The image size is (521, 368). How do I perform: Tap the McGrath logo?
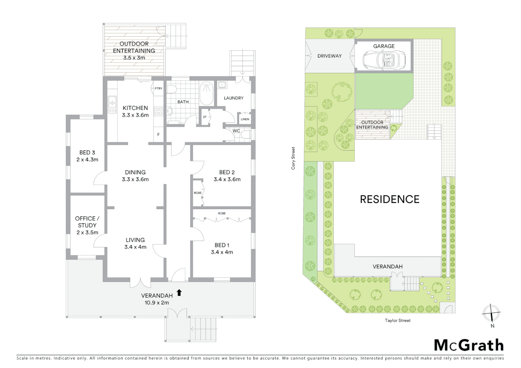point(469,345)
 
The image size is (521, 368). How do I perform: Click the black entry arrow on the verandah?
point(179,293)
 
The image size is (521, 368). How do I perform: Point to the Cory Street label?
point(293,158)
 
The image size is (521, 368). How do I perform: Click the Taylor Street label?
point(398,320)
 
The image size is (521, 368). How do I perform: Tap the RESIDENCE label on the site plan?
point(389,199)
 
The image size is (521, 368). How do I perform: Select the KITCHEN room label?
point(135,108)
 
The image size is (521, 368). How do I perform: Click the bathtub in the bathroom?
point(206,94)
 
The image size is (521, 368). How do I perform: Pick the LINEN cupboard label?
point(245,119)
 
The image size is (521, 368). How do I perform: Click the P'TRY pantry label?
point(159,89)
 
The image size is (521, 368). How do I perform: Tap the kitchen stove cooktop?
point(159,111)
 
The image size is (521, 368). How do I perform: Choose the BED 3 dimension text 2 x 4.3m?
point(87,159)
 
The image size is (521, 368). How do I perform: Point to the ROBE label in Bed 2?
point(197,193)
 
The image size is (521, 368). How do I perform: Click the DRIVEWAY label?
point(329,56)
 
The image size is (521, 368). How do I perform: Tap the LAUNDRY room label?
point(234,98)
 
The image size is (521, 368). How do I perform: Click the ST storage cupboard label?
point(205,117)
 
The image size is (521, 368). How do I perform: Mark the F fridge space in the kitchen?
point(158,135)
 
